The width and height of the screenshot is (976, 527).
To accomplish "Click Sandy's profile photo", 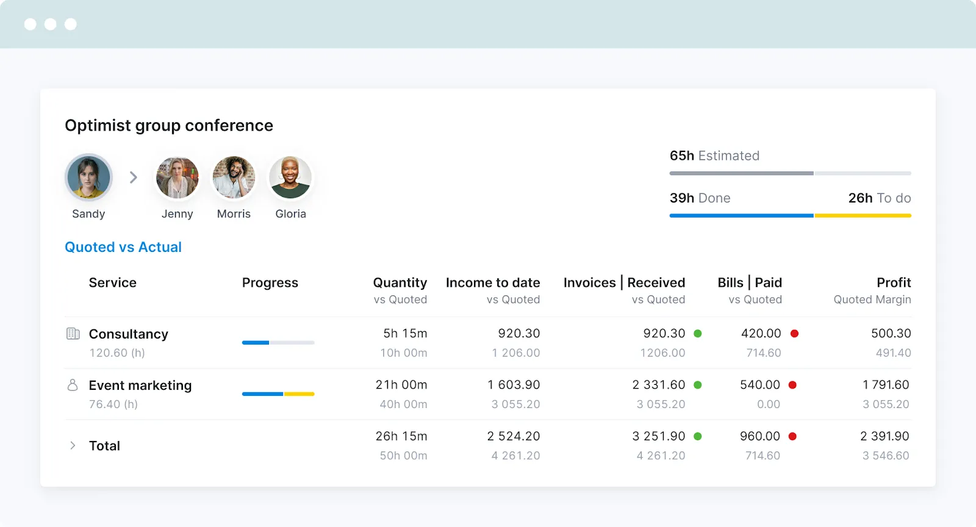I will click(x=89, y=177).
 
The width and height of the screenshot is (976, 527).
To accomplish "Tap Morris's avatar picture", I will click(x=234, y=177).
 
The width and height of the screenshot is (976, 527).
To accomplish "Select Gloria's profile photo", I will click(x=290, y=177).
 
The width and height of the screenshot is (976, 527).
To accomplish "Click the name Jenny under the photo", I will click(x=177, y=214).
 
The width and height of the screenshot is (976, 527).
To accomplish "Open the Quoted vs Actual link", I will click(x=123, y=247).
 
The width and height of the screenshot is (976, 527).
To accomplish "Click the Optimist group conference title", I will click(x=169, y=126).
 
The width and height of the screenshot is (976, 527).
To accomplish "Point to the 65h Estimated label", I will click(x=714, y=156).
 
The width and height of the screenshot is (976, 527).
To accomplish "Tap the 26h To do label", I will click(x=879, y=198).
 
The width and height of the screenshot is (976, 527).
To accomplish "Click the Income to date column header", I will click(x=493, y=283).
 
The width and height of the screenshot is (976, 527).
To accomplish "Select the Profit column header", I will click(x=894, y=283).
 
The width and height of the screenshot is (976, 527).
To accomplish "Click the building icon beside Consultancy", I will click(x=73, y=334).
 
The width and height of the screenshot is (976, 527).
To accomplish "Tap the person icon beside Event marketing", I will click(x=73, y=385).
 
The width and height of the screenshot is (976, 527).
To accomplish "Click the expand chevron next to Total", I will click(x=73, y=445).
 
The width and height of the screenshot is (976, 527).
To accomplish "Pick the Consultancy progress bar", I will click(x=278, y=343).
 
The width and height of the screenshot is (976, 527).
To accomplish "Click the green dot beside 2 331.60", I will click(x=698, y=385).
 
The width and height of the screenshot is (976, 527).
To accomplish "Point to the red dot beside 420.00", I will click(x=795, y=334).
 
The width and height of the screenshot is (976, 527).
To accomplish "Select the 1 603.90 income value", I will click(x=514, y=385).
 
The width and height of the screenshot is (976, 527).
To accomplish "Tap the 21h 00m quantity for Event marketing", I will click(x=401, y=385).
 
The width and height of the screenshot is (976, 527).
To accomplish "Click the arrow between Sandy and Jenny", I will click(x=134, y=177).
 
